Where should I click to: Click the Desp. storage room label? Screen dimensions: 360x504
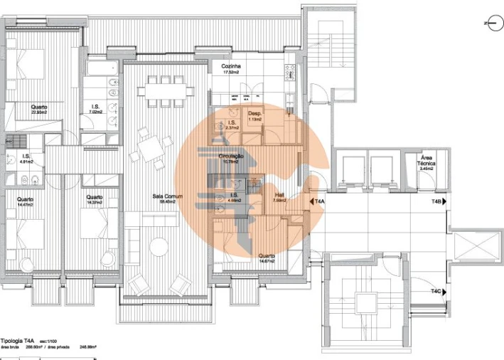click(x=254, y=116)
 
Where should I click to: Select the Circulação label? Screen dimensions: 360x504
click(x=232, y=157)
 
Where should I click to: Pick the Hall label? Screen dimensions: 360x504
click(x=279, y=197)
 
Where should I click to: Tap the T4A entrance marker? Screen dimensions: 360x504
click(x=317, y=203)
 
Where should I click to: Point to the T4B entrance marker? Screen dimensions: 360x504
click(x=441, y=203)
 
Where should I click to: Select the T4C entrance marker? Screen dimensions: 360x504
click(x=441, y=291)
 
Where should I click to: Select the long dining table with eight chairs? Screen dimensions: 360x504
click(x=167, y=91)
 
